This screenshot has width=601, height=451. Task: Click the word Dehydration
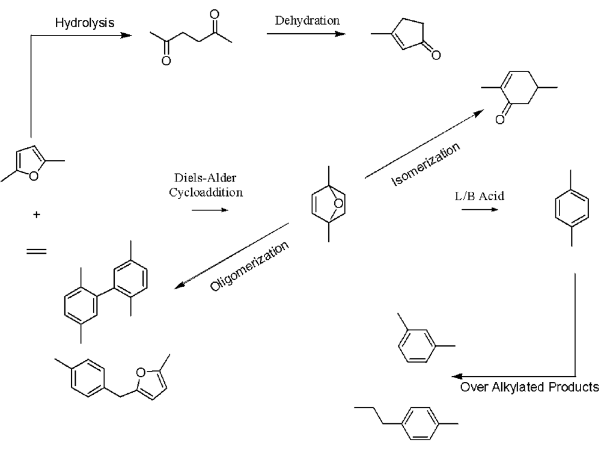point(307,20)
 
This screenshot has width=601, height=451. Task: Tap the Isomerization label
point(427,164)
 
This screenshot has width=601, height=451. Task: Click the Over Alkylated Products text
point(529,387)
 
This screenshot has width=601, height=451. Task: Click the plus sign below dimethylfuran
point(38,214)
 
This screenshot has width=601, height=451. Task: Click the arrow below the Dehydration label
point(306,34)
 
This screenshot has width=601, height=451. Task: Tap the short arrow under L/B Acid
point(480,210)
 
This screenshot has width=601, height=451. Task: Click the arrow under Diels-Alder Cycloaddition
point(210,210)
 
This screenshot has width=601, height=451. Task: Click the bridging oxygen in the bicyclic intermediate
point(338,203)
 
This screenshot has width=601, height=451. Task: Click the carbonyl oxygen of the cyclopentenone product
point(435,57)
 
